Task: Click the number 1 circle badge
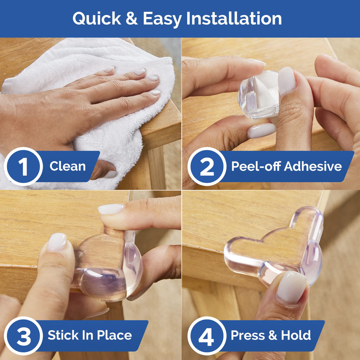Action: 23,166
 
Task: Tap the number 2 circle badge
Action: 207,166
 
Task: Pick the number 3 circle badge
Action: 23,336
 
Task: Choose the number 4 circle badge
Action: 207,336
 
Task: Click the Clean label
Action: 67,166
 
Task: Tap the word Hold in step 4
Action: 296,336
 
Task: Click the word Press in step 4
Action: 247,336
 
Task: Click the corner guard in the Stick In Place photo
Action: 108,266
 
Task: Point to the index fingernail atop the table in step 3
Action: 111,209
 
